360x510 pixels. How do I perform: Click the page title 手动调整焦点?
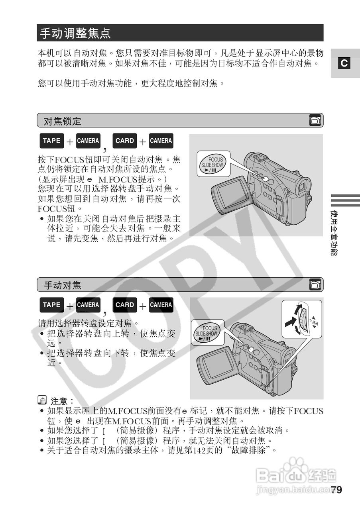[x=75, y=33]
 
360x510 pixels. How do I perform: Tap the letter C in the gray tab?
[x=344, y=63]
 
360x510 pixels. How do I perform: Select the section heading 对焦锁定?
[x=62, y=121]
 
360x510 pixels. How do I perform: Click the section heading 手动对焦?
[x=62, y=285]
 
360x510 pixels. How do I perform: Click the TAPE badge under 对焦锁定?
[x=51, y=141]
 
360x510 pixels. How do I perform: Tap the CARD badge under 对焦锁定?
[x=124, y=141]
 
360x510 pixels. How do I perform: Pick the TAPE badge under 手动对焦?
[x=51, y=305]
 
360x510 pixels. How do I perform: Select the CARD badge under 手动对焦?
[x=124, y=305]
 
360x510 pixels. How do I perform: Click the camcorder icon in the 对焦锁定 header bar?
[x=315, y=120]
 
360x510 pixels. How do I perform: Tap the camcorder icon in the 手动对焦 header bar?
[x=315, y=284]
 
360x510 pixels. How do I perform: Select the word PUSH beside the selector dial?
[x=314, y=322]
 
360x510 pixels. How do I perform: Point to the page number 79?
[x=336, y=490]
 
